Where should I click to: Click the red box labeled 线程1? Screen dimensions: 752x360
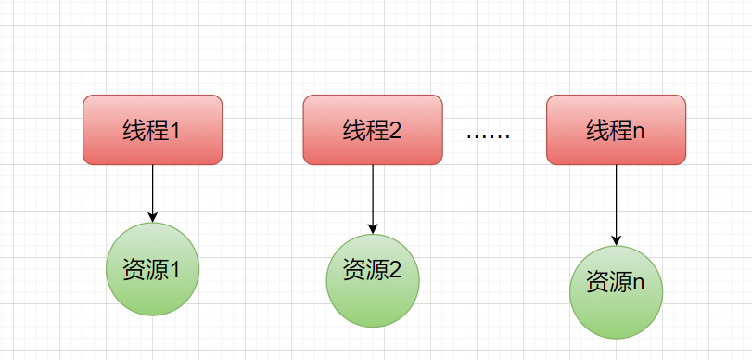point(152,130)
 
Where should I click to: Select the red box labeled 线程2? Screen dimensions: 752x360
point(372,130)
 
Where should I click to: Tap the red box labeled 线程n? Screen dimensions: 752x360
point(616,130)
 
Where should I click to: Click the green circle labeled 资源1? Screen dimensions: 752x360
point(153,269)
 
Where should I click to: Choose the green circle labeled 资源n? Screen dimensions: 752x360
point(616,291)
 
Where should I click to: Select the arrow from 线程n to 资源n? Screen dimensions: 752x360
point(616,204)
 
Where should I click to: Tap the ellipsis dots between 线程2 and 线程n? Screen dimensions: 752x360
point(488,136)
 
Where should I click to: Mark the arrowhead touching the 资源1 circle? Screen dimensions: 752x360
point(153,217)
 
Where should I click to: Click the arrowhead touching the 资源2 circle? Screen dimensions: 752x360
point(373,228)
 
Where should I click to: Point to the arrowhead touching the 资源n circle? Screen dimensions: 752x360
point(616,240)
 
